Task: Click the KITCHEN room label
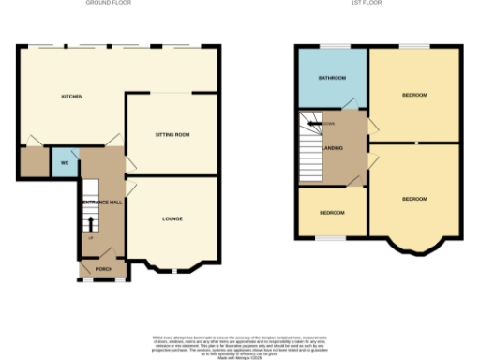[x=71, y=97]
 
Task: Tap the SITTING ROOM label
[x=172, y=135]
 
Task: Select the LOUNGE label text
[x=172, y=219]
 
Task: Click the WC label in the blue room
[x=65, y=163]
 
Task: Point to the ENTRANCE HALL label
[x=102, y=202]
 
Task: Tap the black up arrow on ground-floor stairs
[x=91, y=222]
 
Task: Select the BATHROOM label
[x=332, y=78]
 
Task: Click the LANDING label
[x=332, y=148]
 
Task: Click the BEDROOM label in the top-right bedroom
[x=414, y=95]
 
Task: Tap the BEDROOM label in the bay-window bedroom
[x=414, y=199]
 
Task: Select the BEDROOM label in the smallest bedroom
[x=332, y=213]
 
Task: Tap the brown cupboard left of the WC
[x=34, y=162]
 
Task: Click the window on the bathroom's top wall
[x=332, y=46]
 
